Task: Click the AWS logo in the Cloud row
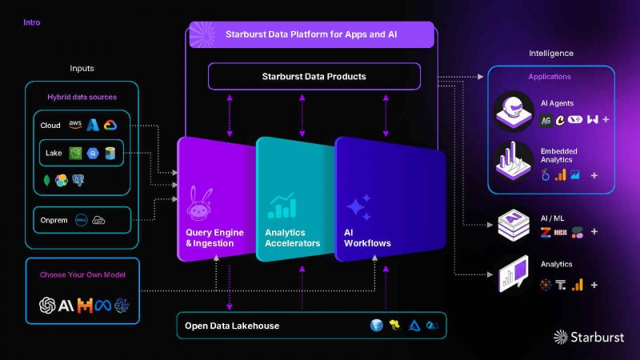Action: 75,124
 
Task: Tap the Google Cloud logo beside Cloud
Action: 110,125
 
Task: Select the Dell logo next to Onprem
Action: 82,221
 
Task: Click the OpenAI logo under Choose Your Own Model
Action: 47,306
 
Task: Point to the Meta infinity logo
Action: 103,306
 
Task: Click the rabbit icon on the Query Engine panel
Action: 199,204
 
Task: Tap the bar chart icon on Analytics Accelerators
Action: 282,206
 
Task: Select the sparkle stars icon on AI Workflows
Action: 358,207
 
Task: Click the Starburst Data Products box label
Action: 314,76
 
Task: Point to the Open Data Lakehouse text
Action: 232,326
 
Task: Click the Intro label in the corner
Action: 32,22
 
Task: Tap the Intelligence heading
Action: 551,53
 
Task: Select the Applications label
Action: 550,76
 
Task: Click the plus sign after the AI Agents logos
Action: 606,119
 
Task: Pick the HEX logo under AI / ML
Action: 561,232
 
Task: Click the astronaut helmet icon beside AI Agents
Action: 514,111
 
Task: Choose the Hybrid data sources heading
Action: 82,97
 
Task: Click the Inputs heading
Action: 82,68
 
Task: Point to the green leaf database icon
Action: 46,181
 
